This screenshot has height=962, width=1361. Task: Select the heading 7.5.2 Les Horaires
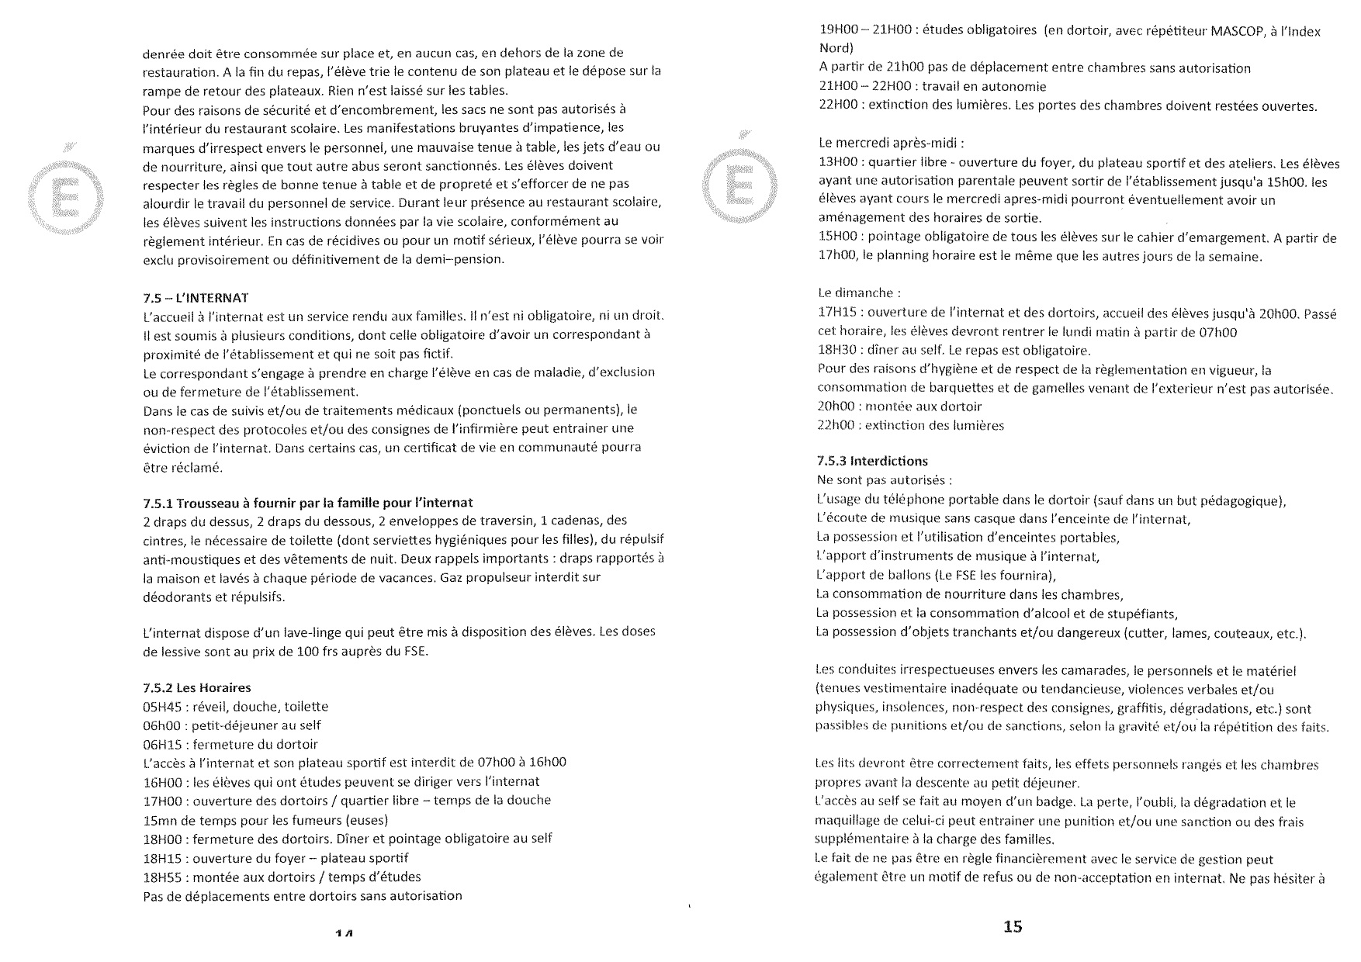[197, 687]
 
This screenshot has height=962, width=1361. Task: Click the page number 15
[1013, 926]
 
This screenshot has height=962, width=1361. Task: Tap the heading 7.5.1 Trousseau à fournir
[308, 501]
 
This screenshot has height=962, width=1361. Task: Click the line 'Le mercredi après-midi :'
[892, 144]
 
